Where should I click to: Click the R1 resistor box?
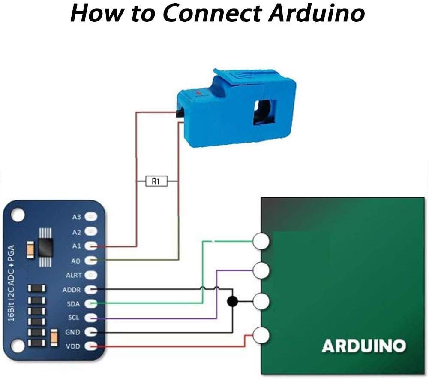tap(156, 182)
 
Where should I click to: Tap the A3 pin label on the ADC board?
tap(77, 217)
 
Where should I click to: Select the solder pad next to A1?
tap(91, 246)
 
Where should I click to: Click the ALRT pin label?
tap(74, 275)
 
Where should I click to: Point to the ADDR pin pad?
tap(91, 290)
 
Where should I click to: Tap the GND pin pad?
tap(91, 332)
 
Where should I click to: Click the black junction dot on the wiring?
tap(232, 301)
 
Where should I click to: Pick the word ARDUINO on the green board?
tap(363, 346)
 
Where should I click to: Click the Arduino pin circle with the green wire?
tap(261, 241)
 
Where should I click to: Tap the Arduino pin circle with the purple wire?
tap(261, 270)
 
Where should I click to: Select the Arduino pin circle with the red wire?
tap(261, 335)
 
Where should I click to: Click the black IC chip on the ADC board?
tap(45, 247)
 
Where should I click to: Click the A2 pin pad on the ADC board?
tap(91, 232)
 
